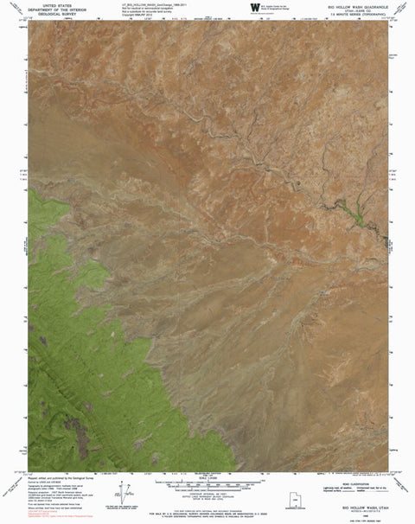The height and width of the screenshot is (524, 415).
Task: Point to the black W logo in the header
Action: (x=253, y=9)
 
